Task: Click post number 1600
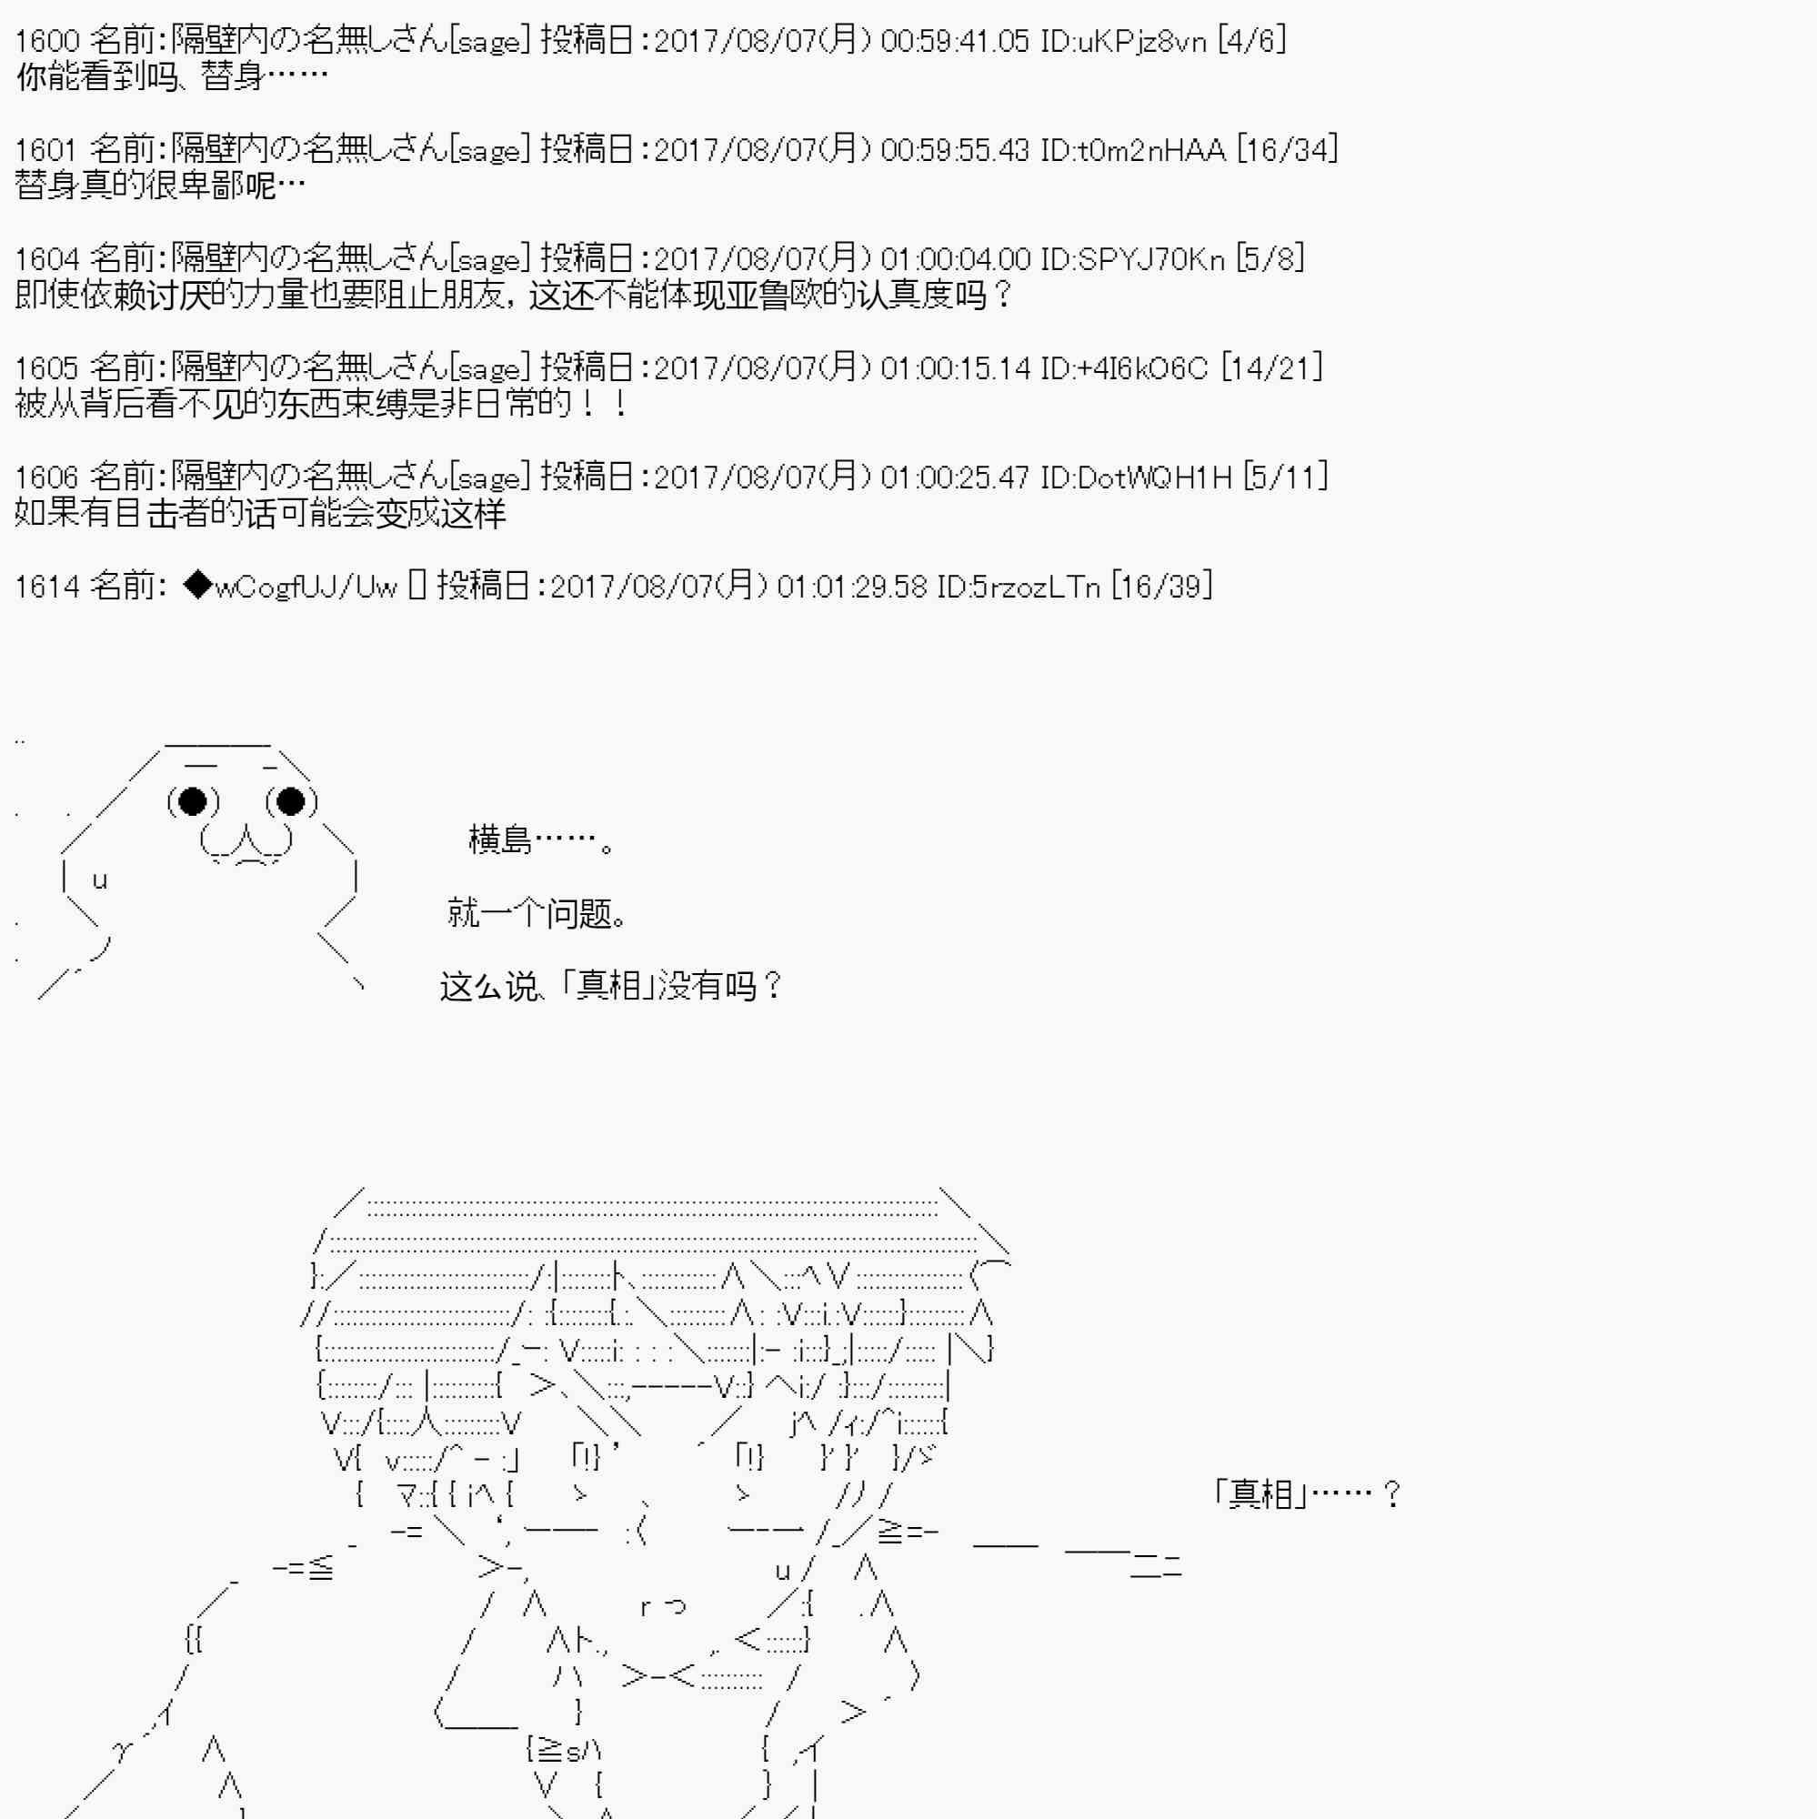[47, 42]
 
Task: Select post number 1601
[45, 151]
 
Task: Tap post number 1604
[47, 260]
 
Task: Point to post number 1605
[47, 369]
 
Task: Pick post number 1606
[47, 478]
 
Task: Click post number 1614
[47, 588]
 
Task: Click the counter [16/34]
[1287, 151]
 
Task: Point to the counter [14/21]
[1272, 369]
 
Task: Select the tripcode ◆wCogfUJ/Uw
[291, 588]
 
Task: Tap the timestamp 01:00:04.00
[956, 260]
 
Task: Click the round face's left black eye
[193, 801]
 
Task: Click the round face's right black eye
[291, 801]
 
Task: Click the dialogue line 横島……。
[542, 839]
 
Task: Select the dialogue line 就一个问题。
[537, 913]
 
